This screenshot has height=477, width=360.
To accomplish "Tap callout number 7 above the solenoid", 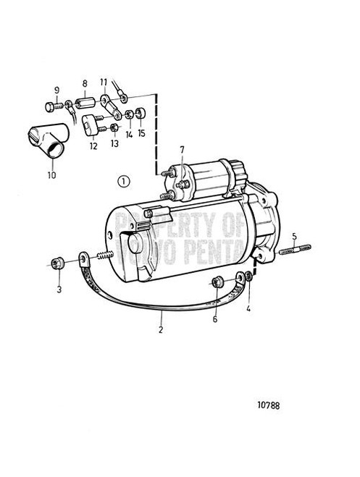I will [183, 151].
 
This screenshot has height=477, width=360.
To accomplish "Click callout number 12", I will [93, 146].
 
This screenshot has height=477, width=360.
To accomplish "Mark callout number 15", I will [141, 133].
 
